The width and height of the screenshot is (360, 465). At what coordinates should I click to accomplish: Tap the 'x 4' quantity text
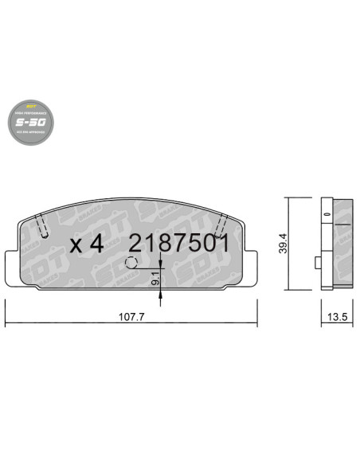click(87, 244)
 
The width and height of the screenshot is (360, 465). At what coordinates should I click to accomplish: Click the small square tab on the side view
click(317, 262)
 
